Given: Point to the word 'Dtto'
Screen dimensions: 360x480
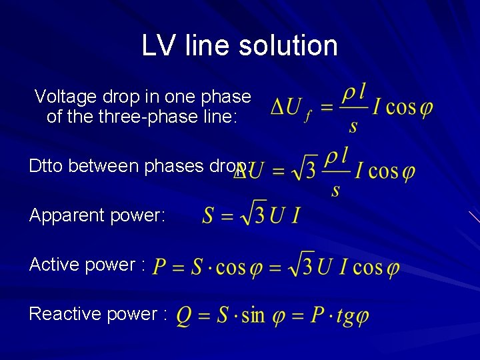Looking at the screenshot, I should pos(46,165).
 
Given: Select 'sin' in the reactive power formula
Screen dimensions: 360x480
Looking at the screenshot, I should pos(253,315).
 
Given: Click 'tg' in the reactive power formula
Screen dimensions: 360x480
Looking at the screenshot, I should pos(345,315).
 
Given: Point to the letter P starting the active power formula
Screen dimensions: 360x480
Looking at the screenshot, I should pos(160,267).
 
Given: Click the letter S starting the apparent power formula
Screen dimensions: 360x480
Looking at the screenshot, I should pos(209,216).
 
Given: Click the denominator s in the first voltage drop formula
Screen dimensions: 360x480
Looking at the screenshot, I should pos(353,125).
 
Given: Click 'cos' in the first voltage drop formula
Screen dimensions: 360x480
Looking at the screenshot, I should pos(401,107).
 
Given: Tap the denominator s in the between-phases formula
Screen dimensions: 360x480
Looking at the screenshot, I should pos(335,191).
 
